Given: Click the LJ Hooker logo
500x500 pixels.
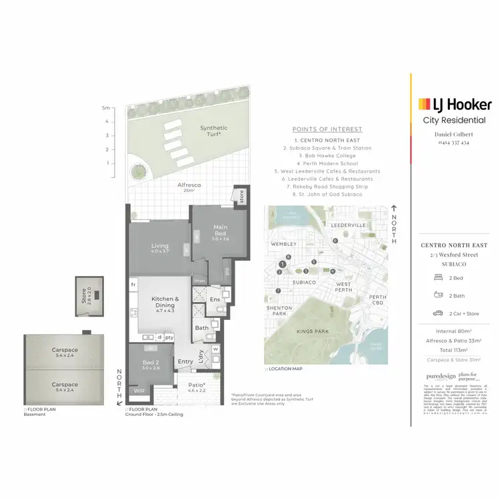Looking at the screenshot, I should click(x=455, y=104).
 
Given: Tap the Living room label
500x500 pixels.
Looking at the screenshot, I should click(x=159, y=249).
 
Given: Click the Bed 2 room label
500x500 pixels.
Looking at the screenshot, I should click(x=151, y=364).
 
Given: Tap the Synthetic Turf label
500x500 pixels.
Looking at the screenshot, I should click(x=213, y=130).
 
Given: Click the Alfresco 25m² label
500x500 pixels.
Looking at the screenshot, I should click(x=189, y=187).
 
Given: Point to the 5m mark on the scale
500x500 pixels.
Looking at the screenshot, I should click(x=105, y=107).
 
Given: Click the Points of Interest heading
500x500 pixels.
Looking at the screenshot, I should click(x=327, y=129).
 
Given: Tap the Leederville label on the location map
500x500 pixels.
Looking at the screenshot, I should click(x=348, y=226).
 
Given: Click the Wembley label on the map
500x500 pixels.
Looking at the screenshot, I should click(x=279, y=244).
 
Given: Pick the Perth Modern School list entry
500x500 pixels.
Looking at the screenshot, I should click(x=327, y=163).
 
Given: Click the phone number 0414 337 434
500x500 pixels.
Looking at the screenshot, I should click(x=453, y=143).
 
